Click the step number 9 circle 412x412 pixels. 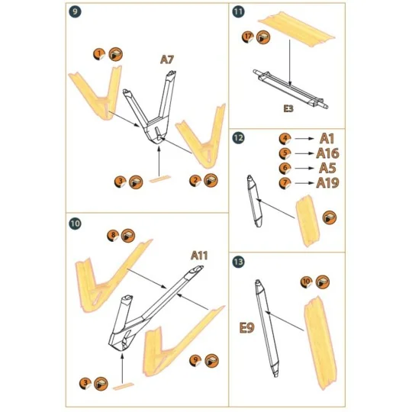[74, 12]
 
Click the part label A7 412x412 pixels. [167, 60]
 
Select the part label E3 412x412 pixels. [288, 109]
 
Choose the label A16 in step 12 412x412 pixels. [327, 153]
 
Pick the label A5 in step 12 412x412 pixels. [327, 168]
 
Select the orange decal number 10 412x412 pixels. [306, 282]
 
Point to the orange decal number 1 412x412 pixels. [99, 53]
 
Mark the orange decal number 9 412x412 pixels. [195, 359]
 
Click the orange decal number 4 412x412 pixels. [284, 139]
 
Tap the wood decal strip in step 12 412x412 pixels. [307, 219]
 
